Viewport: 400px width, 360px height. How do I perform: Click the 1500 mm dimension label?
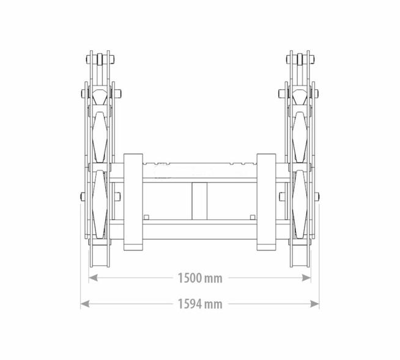coord(200,278)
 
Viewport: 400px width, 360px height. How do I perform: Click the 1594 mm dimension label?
coord(200,304)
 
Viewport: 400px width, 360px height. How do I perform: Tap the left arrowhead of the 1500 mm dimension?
coord(93,278)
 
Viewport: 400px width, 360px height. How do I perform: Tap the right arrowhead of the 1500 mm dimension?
coord(306,278)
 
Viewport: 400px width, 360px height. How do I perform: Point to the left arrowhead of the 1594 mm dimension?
coord(85,304)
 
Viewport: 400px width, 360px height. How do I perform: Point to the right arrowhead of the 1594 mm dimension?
coord(314,304)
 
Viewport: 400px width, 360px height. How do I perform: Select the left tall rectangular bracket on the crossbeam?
coord(133,202)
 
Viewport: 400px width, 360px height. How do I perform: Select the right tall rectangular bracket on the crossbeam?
coord(266,202)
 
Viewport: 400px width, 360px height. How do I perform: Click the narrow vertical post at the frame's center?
coord(199,201)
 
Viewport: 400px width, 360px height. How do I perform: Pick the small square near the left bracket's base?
coord(146,217)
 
